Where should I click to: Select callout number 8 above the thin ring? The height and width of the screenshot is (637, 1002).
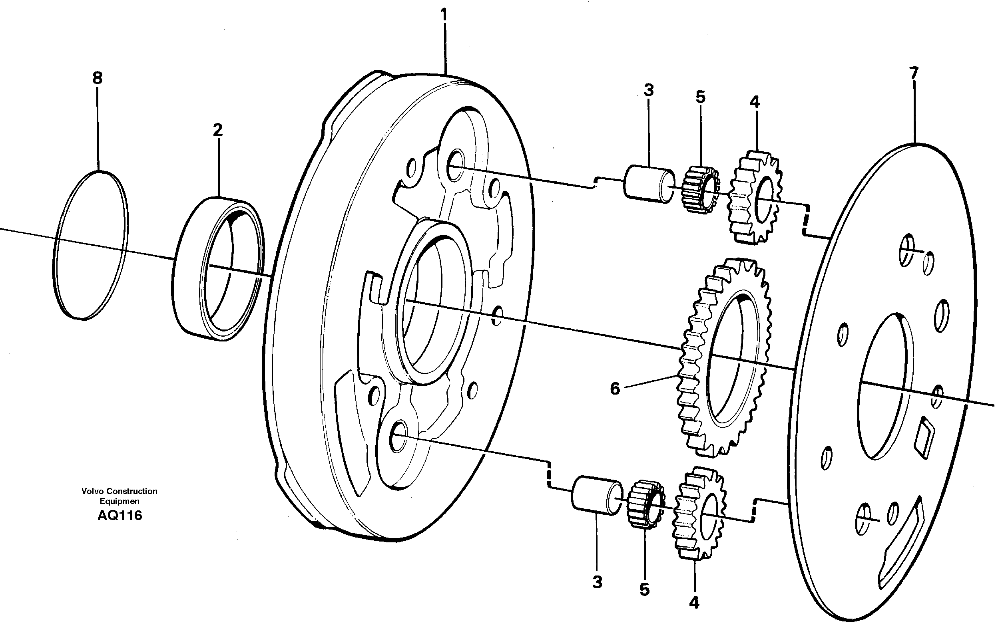(x=97, y=78)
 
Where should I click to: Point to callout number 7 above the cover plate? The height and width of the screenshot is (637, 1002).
(x=913, y=73)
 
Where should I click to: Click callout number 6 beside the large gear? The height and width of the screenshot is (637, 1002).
(x=615, y=389)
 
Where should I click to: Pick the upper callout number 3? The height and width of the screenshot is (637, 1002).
(x=648, y=90)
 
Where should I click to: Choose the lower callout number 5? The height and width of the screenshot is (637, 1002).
(x=644, y=589)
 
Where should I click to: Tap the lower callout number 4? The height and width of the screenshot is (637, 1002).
(x=694, y=603)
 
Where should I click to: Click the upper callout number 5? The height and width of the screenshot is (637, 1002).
(x=700, y=97)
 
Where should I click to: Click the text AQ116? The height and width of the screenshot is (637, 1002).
(x=120, y=516)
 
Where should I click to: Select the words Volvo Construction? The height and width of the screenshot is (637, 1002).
(x=120, y=491)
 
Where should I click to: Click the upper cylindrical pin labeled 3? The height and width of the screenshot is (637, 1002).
(x=649, y=184)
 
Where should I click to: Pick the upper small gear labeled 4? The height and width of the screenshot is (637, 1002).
(x=754, y=198)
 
